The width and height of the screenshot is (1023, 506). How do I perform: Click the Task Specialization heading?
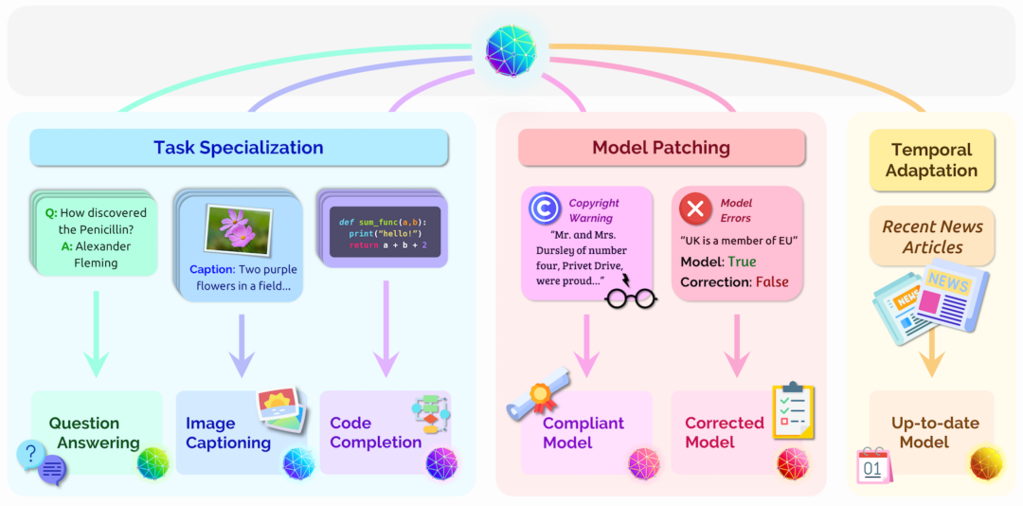239,148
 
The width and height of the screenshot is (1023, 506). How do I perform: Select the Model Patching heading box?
661,148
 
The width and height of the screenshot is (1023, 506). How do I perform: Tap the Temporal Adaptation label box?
933,160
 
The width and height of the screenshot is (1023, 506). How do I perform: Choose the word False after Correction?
772,281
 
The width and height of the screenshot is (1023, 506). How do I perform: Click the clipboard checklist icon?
793,410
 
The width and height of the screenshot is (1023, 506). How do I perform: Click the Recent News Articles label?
933,237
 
